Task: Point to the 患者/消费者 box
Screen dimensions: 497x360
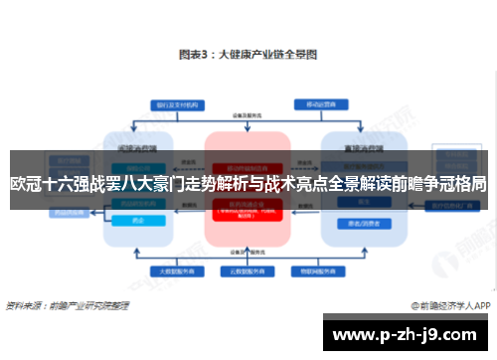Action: [354, 224]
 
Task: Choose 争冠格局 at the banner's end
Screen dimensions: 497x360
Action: [453, 184]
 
